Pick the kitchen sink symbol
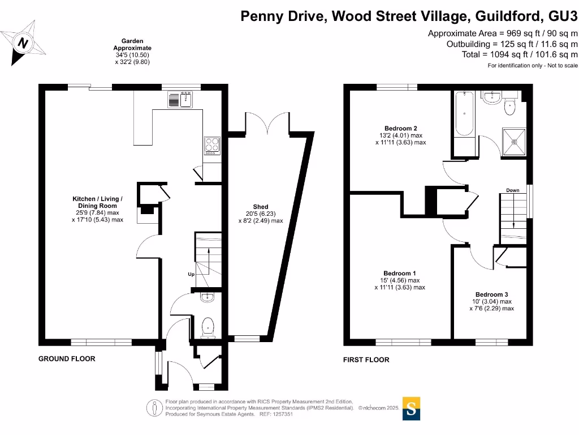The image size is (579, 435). coord(181,100)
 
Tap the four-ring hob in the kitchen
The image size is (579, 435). coord(212,145)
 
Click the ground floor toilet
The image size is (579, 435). coord(208,326)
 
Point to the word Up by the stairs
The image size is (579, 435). coord(191,274)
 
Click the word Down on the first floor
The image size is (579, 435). coord(513,190)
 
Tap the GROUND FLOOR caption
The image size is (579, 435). coord(67,359)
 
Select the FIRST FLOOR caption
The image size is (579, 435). coord(366,360)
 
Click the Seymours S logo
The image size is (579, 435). coord(412,409)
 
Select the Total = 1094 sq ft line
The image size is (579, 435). coord(520,54)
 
